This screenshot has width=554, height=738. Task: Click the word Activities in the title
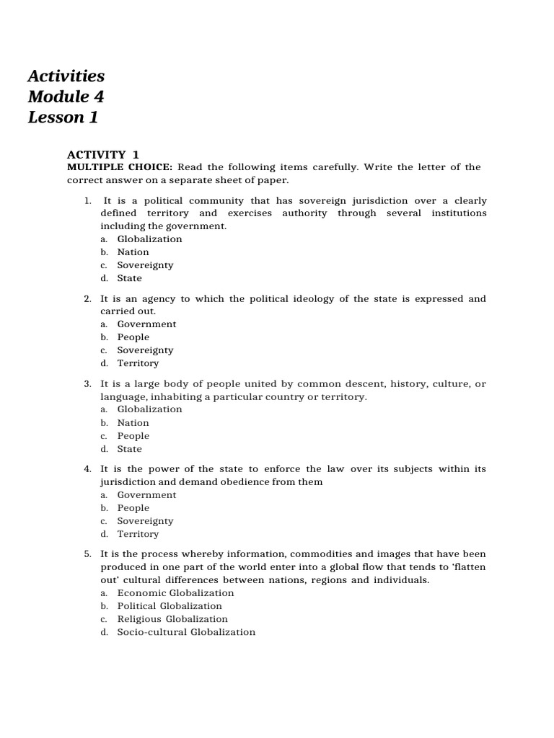(x=66, y=76)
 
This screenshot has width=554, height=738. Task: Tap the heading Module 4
(x=66, y=97)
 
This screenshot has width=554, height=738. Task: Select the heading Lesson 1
(x=63, y=117)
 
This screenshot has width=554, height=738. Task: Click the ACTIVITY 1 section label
(x=103, y=154)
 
